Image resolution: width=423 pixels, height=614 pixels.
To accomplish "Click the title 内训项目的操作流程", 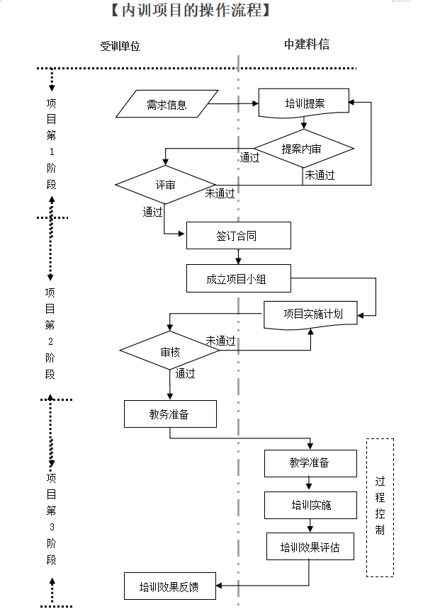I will (189, 11).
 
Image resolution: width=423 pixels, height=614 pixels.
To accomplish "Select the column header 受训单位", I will (120, 46).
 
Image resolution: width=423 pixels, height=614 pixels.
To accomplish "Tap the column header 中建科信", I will (306, 45).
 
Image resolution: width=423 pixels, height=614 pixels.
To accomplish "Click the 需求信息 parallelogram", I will (167, 105).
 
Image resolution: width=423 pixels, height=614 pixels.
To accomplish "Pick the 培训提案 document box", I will (305, 103).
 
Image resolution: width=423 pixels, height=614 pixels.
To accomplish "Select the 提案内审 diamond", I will (303, 149).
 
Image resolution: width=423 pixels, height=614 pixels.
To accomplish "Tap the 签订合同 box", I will (238, 236).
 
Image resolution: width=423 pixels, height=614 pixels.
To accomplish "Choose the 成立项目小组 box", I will (238, 279).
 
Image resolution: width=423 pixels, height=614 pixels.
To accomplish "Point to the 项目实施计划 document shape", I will (312, 314).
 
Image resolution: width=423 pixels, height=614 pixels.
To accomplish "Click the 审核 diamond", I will (170, 351).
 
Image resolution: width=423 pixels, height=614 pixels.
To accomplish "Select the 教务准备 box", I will (170, 414).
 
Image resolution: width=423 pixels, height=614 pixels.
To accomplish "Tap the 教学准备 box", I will (310, 463).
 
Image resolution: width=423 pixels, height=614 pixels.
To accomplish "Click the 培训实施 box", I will (310, 506).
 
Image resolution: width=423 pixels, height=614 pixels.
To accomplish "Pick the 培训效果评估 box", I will (310, 547).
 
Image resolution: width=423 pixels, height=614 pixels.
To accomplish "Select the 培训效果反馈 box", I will (169, 586).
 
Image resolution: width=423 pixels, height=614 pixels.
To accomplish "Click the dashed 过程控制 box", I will (380, 506).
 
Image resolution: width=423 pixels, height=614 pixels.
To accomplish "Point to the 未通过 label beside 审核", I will (221, 341).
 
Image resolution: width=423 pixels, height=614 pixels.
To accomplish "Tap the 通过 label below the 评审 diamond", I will (152, 211).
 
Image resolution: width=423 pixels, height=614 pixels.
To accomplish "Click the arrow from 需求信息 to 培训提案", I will (234, 105).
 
